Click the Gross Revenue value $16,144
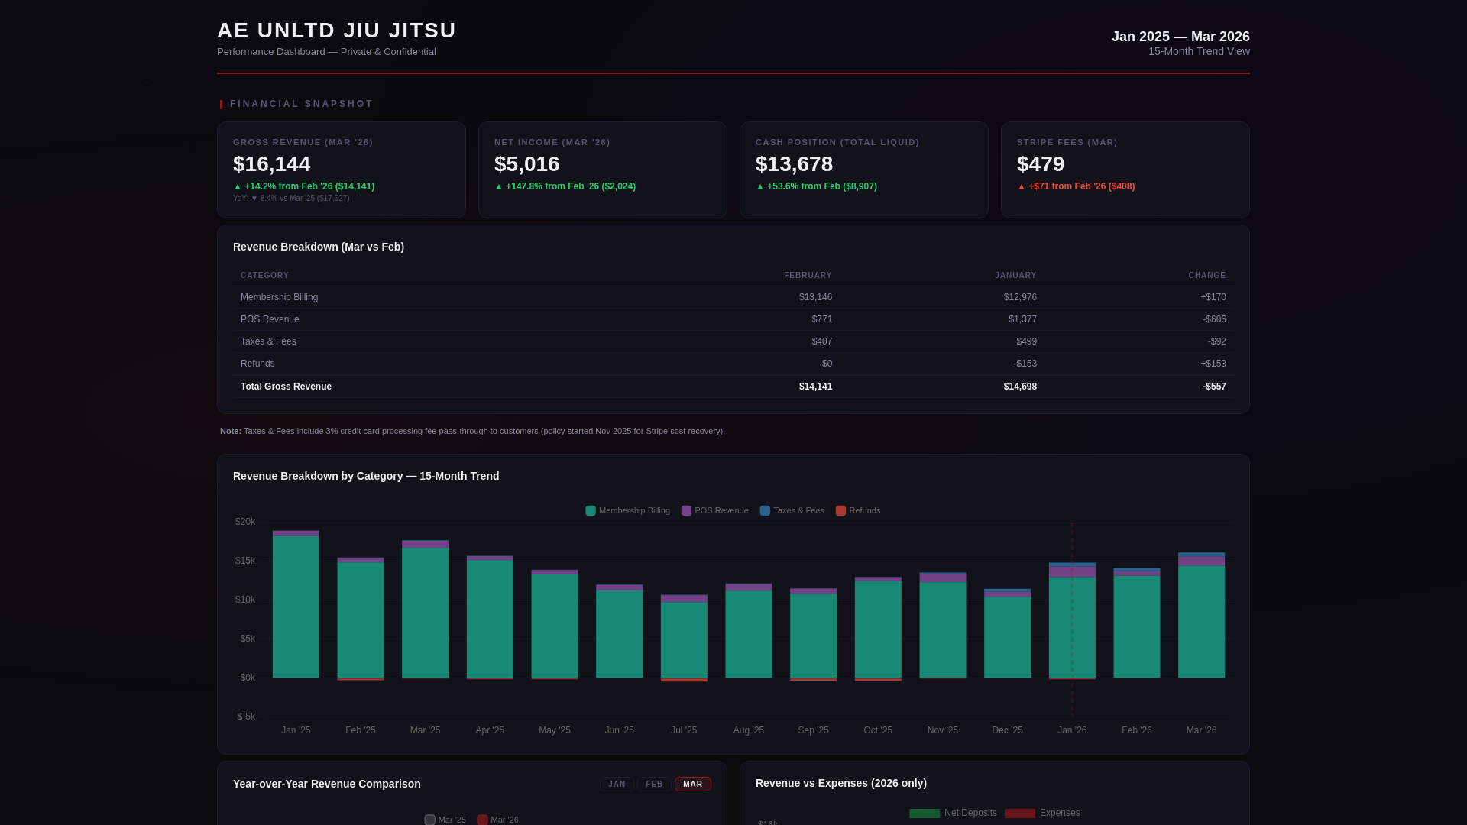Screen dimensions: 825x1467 tap(271, 164)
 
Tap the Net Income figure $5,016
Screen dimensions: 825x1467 tap(526, 164)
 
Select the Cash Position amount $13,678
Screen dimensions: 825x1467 tap(794, 164)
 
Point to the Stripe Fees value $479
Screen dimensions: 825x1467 tap(1040, 164)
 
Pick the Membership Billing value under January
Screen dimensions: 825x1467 tap(1019, 297)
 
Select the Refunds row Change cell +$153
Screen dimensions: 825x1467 tap(1213, 364)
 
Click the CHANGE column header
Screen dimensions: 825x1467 tap(1206, 276)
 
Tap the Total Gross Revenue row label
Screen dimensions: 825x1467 tap(286, 387)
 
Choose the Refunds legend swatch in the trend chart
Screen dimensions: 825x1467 tap(840, 511)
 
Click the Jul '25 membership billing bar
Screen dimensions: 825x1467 tap(684, 640)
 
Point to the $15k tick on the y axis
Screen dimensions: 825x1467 tap(244, 561)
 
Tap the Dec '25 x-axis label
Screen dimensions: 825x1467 tap(1007, 730)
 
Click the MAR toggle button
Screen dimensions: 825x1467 tap(692, 785)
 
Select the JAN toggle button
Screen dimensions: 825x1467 tap(617, 785)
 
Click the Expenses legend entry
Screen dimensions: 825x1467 tap(1042, 813)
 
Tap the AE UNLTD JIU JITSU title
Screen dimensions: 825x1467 tap(336, 31)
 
